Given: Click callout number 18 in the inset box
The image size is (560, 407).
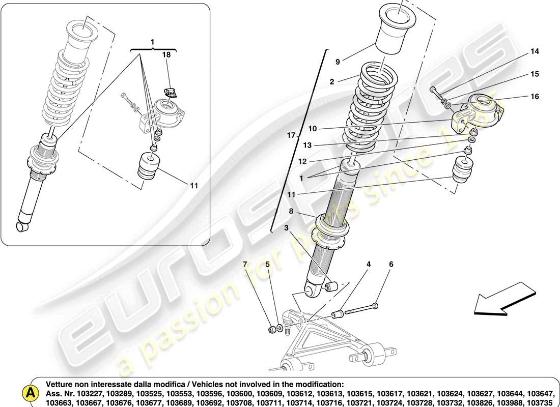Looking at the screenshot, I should pyautogui.click(x=166, y=54).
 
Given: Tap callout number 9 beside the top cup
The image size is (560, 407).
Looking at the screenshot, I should pyautogui.click(x=338, y=62).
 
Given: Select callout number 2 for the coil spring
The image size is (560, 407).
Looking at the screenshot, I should pyautogui.click(x=331, y=81).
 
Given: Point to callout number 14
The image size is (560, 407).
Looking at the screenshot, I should pyautogui.click(x=534, y=51).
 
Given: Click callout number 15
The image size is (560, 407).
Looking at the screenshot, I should pyautogui.click(x=534, y=74).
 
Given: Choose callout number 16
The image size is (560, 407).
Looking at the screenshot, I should pyautogui.click(x=534, y=97).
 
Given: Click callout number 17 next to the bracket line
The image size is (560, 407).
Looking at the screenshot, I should pyautogui.click(x=291, y=135).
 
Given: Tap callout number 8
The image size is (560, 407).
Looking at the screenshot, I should pyautogui.click(x=291, y=211).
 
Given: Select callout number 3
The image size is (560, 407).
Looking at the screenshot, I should pyautogui.click(x=287, y=227).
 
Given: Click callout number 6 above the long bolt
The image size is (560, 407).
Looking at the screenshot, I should pyautogui.click(x=391, y=264).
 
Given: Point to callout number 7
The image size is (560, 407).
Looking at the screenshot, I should pyautogui.click(x=245, y=265).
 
